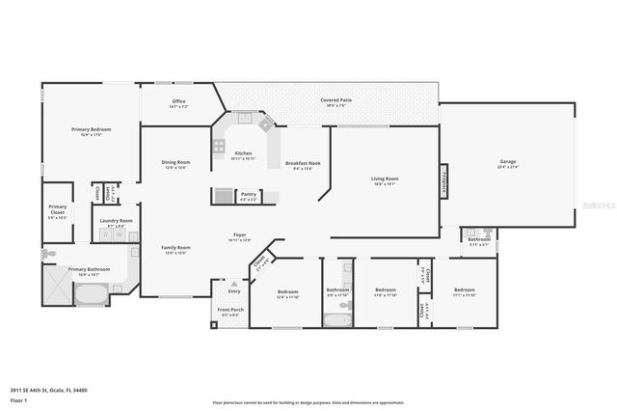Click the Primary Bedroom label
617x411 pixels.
(x=91, y=129)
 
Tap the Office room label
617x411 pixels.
(x=178, y=101)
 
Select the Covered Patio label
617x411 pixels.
(x=336, y=99)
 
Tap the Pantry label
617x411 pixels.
(x=248, y=194)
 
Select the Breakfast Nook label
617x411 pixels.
(x=303, y=164)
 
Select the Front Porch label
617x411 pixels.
(x=230, y=311)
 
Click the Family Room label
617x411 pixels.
(x=175, y=248)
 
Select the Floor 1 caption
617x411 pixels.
(x=18, y=399)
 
